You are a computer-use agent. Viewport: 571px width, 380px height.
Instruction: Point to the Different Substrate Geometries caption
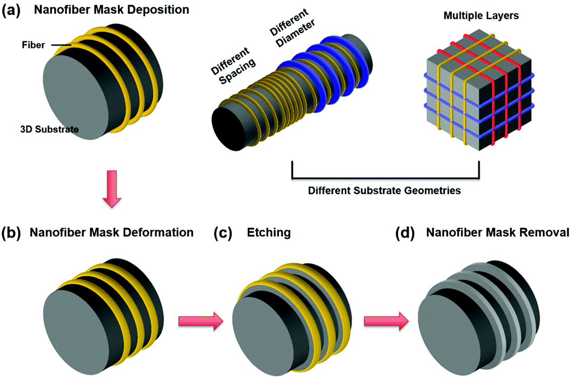[384, 190]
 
